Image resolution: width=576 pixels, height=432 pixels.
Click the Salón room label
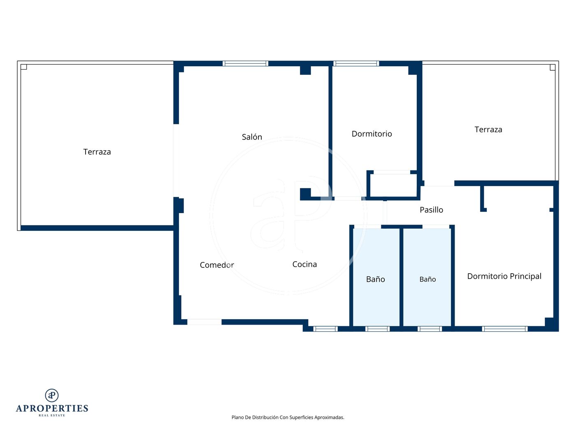click(252, 137)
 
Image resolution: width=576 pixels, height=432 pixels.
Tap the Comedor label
click(217, 265)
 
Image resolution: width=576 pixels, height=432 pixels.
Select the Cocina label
click(304, 264)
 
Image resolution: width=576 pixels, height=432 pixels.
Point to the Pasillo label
click(431, 210)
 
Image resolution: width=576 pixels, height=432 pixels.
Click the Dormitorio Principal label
click(504, 276)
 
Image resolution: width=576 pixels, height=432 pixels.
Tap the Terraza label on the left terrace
click(97, 152)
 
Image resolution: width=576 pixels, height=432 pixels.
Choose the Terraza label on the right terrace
click(488, 130)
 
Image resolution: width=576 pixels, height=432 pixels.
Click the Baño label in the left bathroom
click(375, 279)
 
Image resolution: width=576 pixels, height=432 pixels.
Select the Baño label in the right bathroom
click(427, 279)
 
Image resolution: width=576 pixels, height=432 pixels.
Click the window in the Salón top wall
click(245, 63)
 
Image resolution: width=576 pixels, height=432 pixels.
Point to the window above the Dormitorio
click(356, 63)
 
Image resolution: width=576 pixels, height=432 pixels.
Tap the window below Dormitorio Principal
click(505, 329)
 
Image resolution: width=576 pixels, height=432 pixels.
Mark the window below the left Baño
click(377, 329)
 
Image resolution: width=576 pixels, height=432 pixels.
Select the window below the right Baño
click(430, 329)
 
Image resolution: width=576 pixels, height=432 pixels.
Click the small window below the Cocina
click(325, 329)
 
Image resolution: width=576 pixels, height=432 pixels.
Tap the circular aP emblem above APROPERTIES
click(52, 395)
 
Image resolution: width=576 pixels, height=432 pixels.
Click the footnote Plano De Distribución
click(288, 417)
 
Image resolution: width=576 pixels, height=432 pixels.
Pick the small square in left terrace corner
click(23, 67)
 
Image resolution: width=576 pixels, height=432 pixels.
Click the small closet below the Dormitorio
click(393, 185)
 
